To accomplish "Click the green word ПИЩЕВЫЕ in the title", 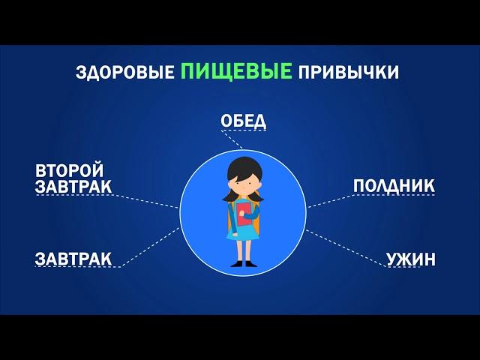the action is tap(236, 70).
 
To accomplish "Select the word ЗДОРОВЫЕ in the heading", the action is tap(125, 73).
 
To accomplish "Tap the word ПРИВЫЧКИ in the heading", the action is tap(349, 73).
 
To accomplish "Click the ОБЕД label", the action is tap(243, 121).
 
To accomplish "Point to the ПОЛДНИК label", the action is tap(394, 186).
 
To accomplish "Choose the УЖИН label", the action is tap(411, 259).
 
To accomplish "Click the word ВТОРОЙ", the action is tap(70, 170).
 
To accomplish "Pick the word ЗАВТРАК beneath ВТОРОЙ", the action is tap(73, 187).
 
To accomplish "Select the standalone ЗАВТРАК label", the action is tap(73, 259).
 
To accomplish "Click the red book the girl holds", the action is tap(244, 214).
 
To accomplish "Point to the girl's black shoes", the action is tap(242, 264).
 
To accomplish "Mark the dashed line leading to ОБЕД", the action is tap(232, 139).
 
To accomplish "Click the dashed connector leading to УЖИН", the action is tap(346, 248).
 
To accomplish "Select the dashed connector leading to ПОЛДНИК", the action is tap(331, 201).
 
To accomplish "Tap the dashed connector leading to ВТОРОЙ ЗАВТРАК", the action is tap(145, 201).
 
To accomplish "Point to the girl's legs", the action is tap(244, 250).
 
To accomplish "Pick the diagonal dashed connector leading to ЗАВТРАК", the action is tap(151, 247).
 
